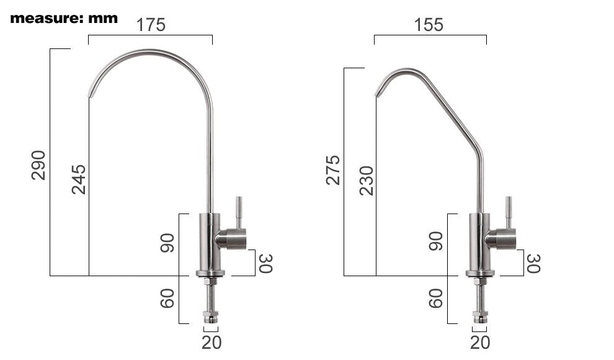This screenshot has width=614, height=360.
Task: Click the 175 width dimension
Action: pos(151,25)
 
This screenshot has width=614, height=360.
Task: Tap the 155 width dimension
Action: pos(429,25)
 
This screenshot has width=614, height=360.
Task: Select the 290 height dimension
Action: pos(38,165)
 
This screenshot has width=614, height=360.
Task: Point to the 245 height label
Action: pos(79,179)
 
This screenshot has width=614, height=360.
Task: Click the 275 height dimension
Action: pos(333,170)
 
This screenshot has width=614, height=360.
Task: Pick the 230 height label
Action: pos(367,181)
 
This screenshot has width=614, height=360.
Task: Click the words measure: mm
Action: pos(64,18)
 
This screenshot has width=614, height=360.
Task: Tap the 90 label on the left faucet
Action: pos(167,243)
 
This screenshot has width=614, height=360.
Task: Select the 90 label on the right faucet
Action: pos(436,241)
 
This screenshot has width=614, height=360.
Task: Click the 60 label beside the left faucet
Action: pos(167,299)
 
